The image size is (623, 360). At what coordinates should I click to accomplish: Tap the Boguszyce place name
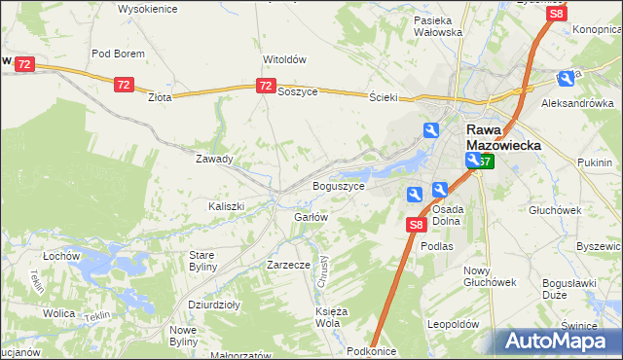pos(338,185)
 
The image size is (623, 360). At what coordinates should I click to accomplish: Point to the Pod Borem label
pos(118,54)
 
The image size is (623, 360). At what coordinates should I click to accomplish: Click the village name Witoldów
pos(285,58)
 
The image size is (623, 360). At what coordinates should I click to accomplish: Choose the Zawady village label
pos(214,159)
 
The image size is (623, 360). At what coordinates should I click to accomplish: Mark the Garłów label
pos(311,217)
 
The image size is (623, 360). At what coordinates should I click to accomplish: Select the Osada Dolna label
pos(447,214)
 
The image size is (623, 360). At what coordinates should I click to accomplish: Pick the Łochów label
pos(60,255)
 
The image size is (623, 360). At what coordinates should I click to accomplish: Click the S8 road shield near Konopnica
pos(556,15)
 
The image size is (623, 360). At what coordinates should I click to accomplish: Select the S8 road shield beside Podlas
pos(416,226)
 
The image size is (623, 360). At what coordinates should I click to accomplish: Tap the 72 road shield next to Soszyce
pos(266,87)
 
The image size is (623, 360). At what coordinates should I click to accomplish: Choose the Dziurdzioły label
pos(214,304)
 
